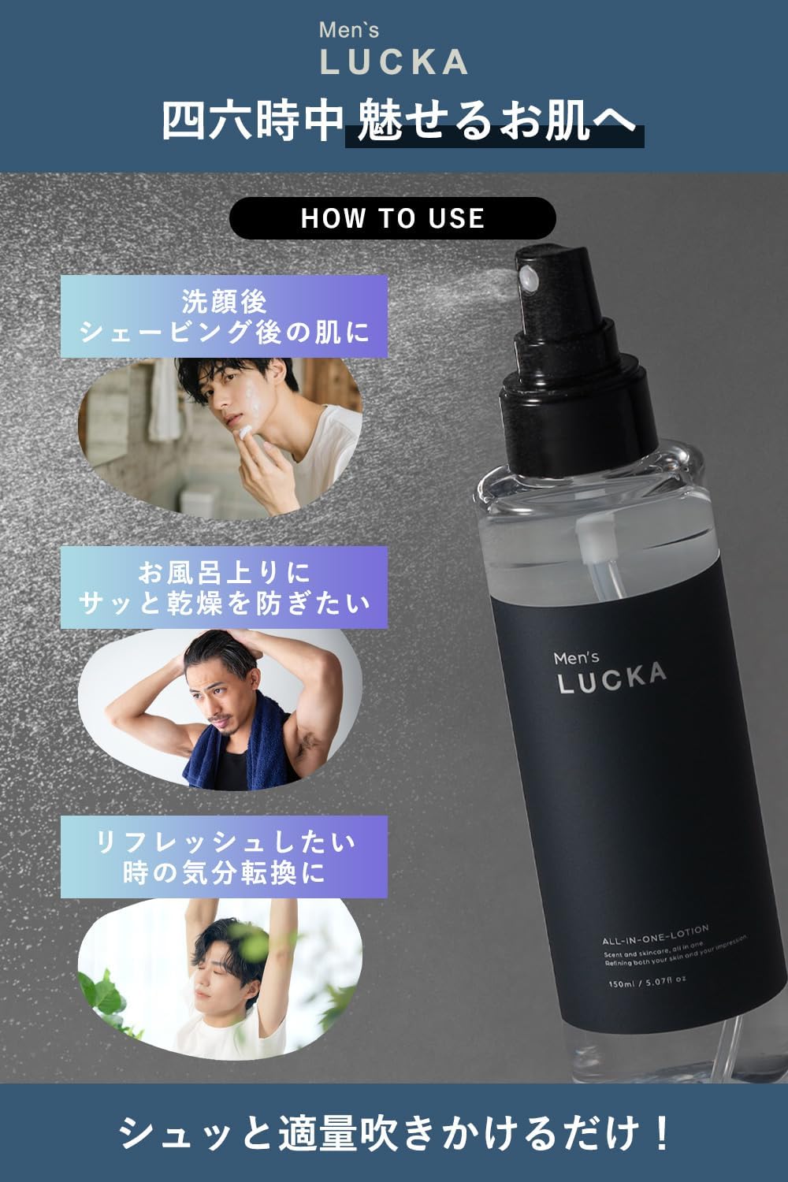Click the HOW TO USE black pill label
tap(392, 218)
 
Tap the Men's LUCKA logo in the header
tap(394, 50)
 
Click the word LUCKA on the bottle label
tap(611, 678)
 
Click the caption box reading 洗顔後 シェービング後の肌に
tap(225, 316)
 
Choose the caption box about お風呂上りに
tap(225, 587)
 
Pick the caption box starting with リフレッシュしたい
tap(225, 857)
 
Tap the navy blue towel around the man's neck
tap(229, 741)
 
